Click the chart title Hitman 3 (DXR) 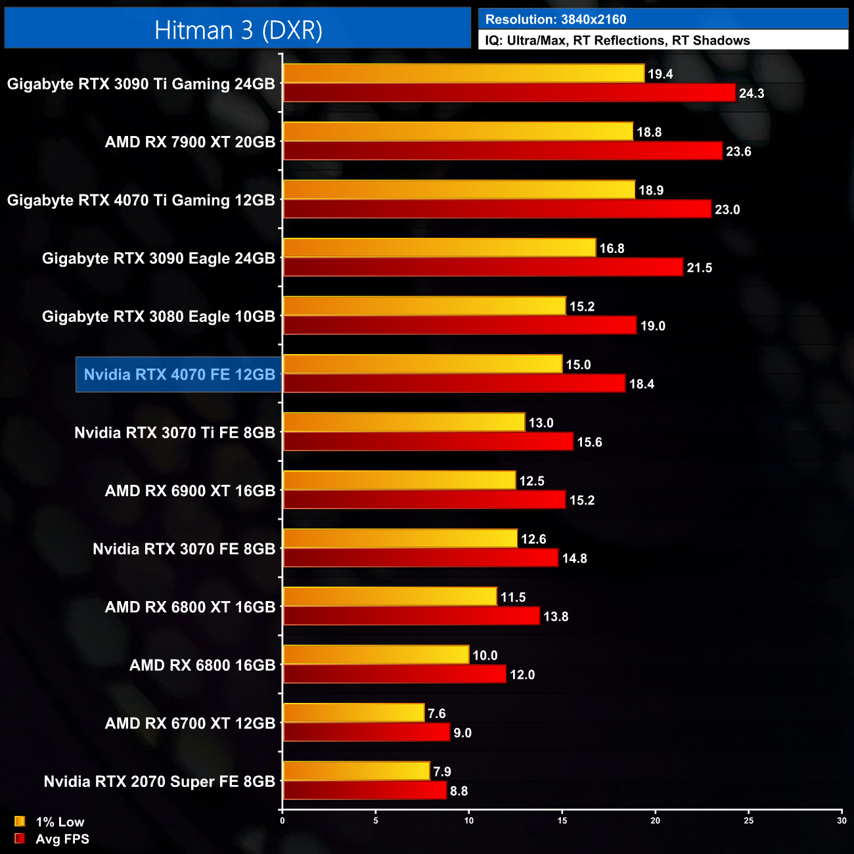coord(238,30)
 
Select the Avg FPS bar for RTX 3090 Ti coord(509,93)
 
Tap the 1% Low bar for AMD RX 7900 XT coord(458,131)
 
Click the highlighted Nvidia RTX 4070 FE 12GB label coord(179,374)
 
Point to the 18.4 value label coord(642,384)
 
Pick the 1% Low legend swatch coord(20,821)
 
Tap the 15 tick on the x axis coord(562,820)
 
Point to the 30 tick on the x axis coord(842,820)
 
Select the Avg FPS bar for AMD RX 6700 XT coord(367,732)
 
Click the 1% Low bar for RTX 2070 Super coord(356,771)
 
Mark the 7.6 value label coord(436,713)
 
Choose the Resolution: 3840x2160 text coord(556,20)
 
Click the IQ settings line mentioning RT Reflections coord(618,40)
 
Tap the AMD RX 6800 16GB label coord(202,665)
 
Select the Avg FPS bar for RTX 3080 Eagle coord(460,325)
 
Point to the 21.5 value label coord(699,268)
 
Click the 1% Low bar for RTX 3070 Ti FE coord(404,422)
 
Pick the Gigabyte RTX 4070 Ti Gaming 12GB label coord(141,200)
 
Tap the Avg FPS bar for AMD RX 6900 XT coord(424,500)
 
